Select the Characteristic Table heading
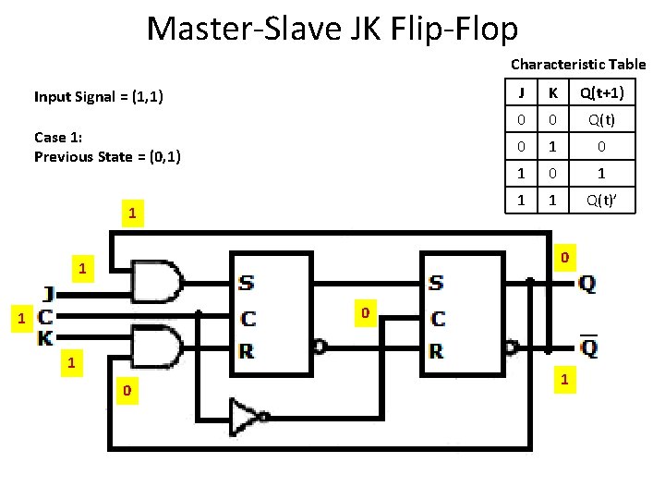tap(578, 64)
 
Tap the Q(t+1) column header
tap(601, 93)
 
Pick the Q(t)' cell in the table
tap(601, 200)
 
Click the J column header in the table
tap(522, 93)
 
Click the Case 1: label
tap(58, 137)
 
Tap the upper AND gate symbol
tap(158, 281)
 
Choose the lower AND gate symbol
tap(158, 347)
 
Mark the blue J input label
tap(47, 294)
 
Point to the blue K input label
tap(45, 338)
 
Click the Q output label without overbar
tap(586, 284)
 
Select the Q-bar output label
tap(586, 347)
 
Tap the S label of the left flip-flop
tap(247, 281)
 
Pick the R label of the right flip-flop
tap(437, 351)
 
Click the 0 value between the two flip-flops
tap(366, 314)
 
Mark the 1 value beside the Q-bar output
tap(563, 380)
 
